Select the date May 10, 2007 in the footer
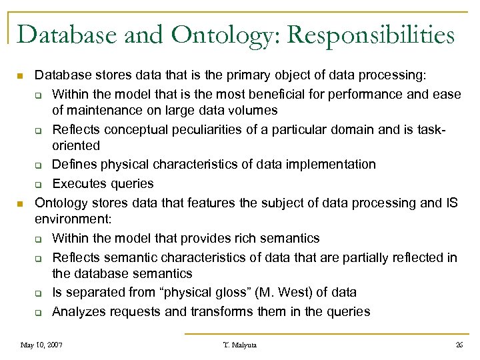pos(41,345)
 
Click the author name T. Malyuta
pos(240,345)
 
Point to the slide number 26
pos(459,345)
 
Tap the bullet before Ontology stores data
pos(21,203)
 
